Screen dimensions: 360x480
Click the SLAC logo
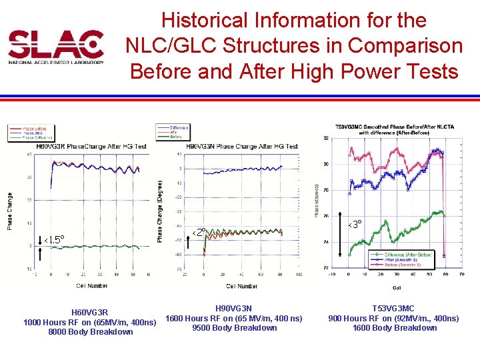tap(56, 46)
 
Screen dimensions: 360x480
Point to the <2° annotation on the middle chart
tap(199, 232)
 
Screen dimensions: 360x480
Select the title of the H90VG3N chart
tap(239, 147)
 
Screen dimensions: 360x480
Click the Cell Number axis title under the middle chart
tap(241, 286)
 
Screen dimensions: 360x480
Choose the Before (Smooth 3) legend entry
tap(398, 265)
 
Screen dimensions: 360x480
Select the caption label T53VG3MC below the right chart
tap(393, 309)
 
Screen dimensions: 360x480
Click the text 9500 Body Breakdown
tap(234, 327)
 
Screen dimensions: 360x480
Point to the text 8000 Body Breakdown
tap(91, 332)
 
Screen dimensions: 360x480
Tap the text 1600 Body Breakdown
tap(394, 327)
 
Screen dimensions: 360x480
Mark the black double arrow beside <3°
tap(343, 237)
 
